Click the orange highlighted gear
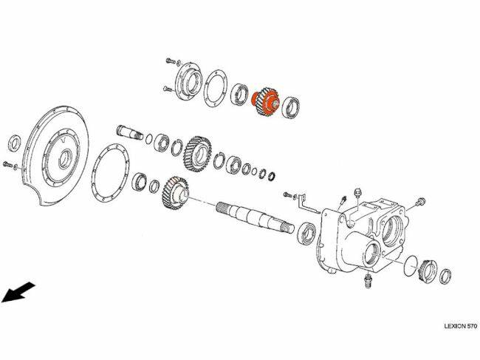[x=265, y=101]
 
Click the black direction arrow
[x=18, y=292]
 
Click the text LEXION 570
[x=460, y=326]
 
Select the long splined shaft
[x=255, y=217]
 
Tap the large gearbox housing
[x=361, y=236]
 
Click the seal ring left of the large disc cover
[x=15, y=143]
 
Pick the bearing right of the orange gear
[x=290, y=107]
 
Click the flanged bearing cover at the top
[x=188, y=81]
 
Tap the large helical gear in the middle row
[x=197, y=154]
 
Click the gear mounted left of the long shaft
[x=175, y=193]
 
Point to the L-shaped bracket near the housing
[x=307, y=203]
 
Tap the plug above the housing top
[x=357, y=194]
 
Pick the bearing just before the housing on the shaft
[x=307, y=233]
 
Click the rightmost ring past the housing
[x=445, y=276]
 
